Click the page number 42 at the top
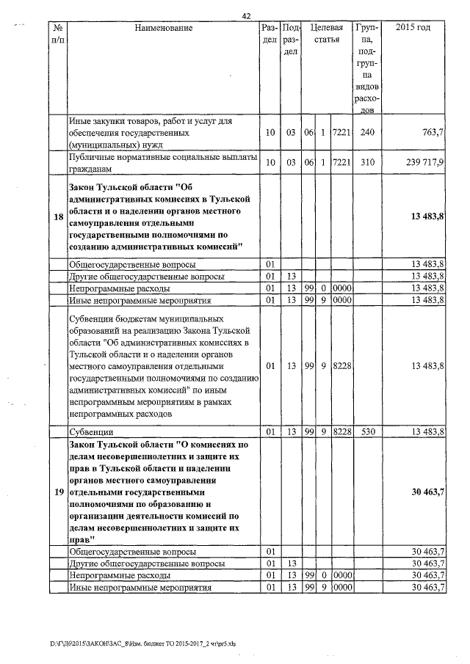[246, 14]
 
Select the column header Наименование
[163, 28]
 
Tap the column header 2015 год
[413, 28]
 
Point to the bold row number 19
[58, 492]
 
